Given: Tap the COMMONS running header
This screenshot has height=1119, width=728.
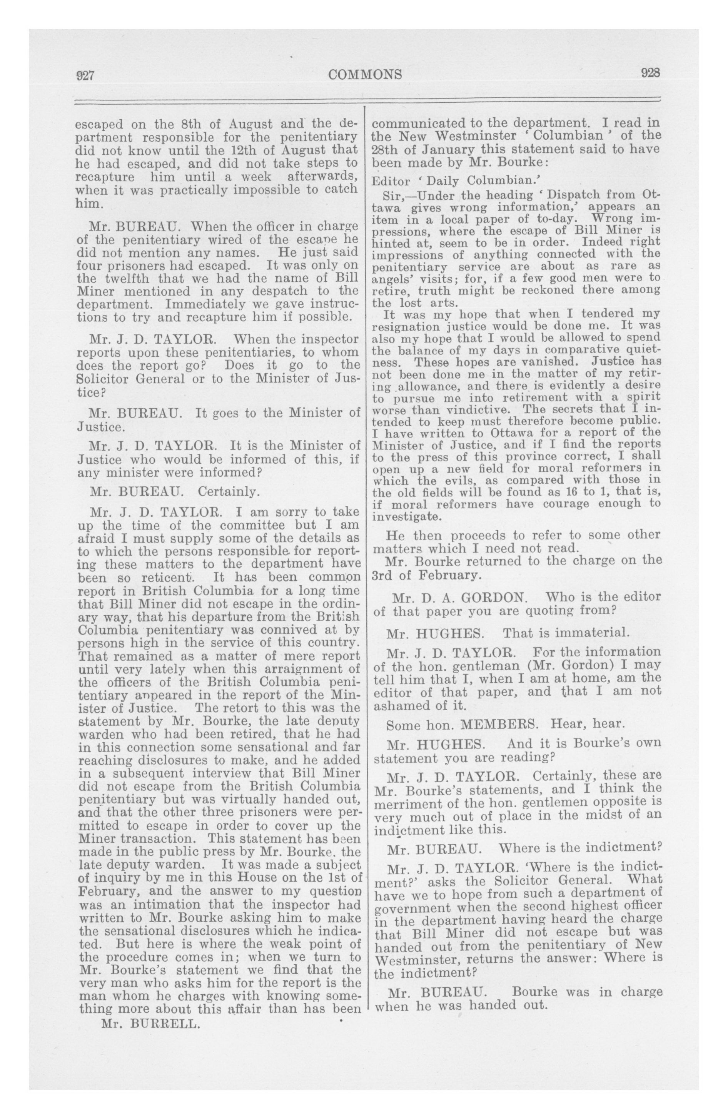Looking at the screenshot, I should point(366,74).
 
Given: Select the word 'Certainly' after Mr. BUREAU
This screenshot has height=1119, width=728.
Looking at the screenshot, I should point(229,492).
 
